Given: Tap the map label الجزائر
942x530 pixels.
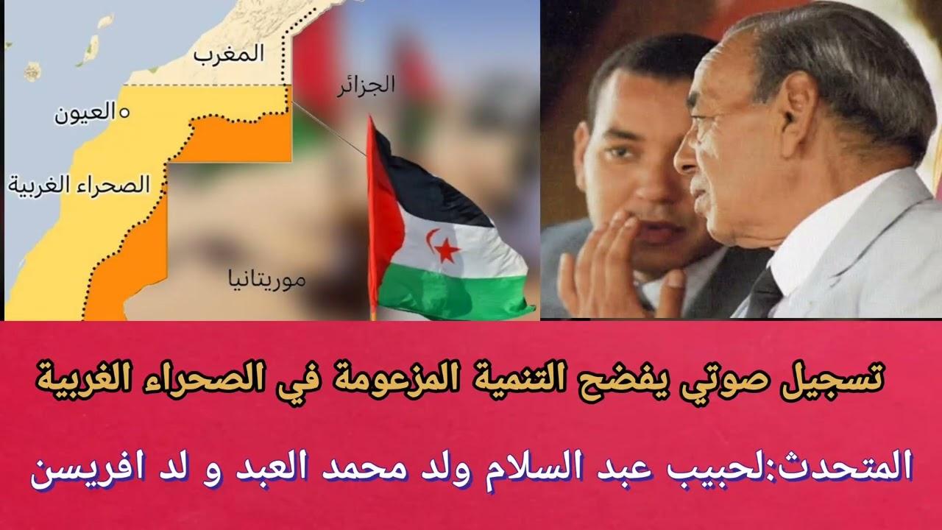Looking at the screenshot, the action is click(x=366, y=85).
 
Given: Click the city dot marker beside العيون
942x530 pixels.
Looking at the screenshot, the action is click(x=124, y=113).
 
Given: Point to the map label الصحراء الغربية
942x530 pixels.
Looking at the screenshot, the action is click(x=79, y=185).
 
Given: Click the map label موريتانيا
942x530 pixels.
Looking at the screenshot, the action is click(x=266, y=280).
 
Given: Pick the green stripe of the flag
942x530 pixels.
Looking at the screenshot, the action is click(x=454, y=290).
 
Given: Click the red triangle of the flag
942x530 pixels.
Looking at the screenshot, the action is click(x=383, y=211).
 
